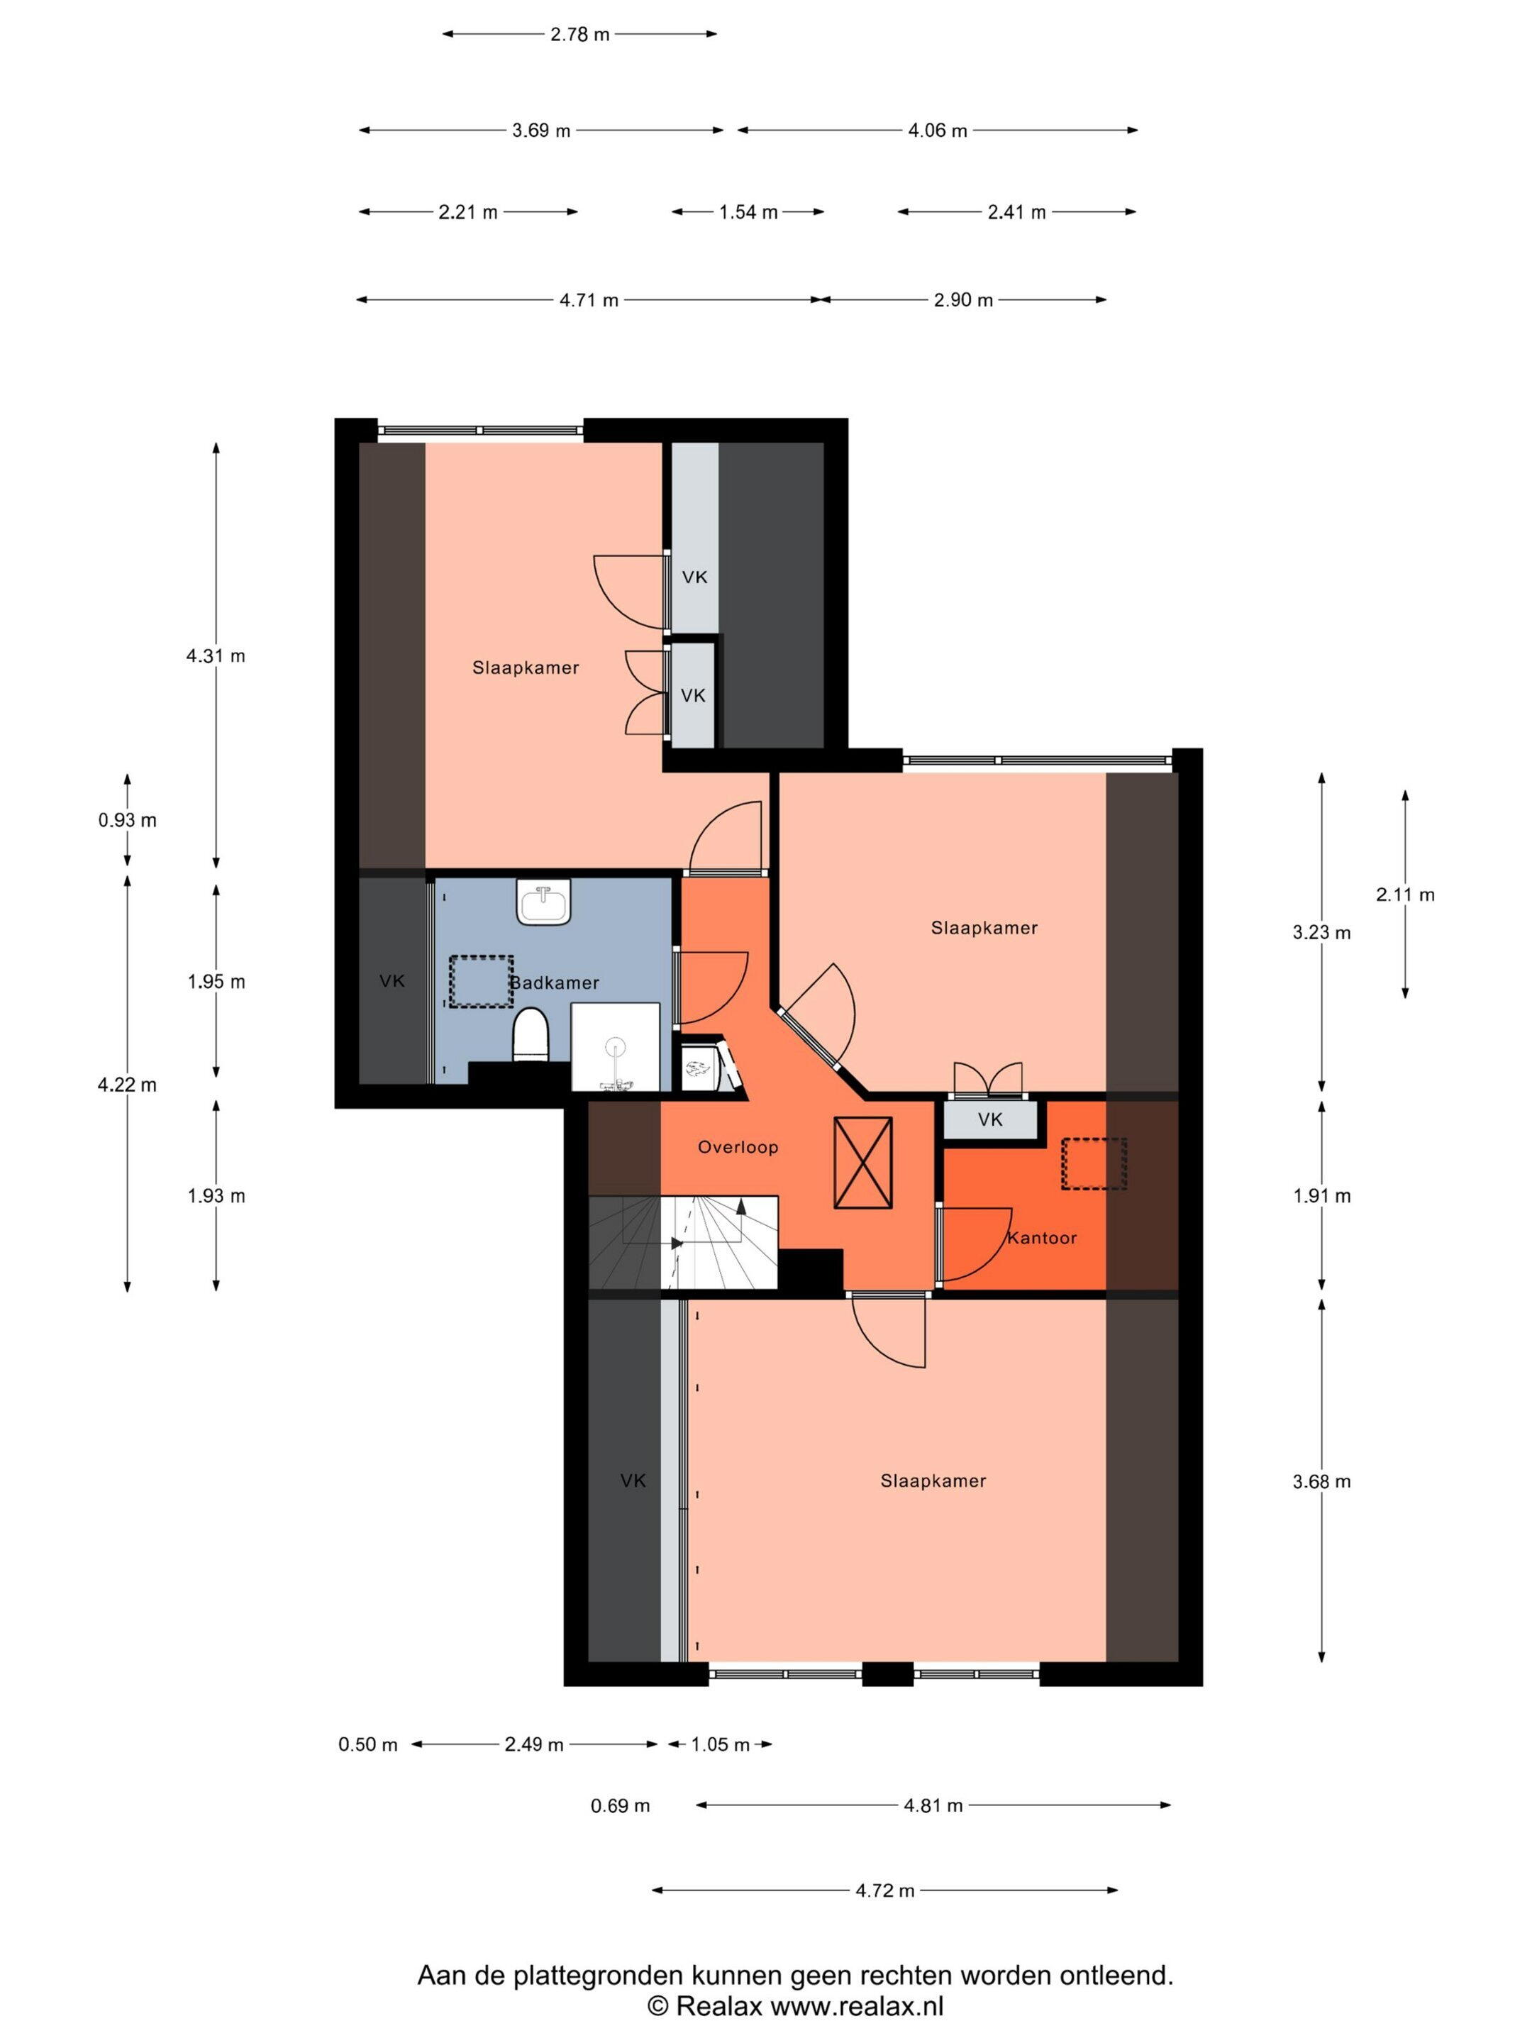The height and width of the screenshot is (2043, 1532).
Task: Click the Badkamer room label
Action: [554, 982]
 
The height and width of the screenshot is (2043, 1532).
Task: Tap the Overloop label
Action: [738, 1147]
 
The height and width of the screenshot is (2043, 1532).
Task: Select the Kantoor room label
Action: [1042, 1238]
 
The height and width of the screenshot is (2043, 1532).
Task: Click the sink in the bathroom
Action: [544, 902]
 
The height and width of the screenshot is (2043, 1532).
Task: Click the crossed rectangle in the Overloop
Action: [862, 1163]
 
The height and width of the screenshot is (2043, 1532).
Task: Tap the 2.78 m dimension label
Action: [580, 35]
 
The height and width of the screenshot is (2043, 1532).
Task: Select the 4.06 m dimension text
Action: [938, 131]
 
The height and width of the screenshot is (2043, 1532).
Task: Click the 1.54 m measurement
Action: [749, 212]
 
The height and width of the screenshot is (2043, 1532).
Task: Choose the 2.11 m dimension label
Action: [1406, 894]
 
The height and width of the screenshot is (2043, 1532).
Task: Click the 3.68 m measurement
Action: [1321, 1481]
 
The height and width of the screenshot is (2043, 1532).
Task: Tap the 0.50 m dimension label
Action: [367, 1744]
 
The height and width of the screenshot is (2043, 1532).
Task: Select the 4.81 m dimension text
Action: [933, 1805]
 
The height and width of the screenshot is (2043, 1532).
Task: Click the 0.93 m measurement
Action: [128, 820]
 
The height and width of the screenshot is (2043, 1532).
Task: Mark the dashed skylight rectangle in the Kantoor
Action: [1094, 1164]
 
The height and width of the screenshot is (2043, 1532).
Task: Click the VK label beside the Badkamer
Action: [392, 981]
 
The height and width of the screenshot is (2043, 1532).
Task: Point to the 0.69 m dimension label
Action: [621, 1805]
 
